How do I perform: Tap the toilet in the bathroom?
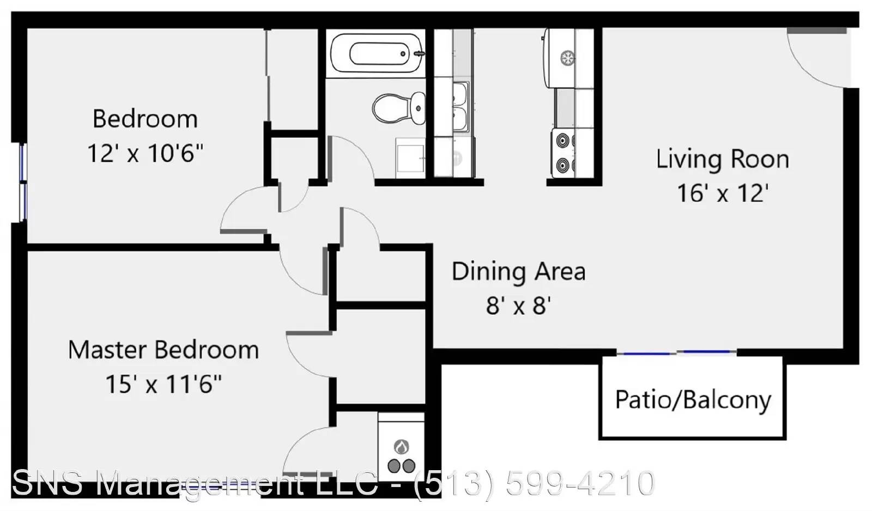click(x=398, y=108)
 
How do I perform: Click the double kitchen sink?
click(x=461, y=107)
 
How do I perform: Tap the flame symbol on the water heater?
click(x=401, y=447)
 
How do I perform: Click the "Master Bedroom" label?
click(x=163, y=350)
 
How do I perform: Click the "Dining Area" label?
click(x=518, y=271)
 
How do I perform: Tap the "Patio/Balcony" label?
click(x=693, y=400)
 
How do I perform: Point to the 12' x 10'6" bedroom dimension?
click(x=145, y=153)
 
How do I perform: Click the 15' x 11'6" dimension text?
click(x=163, y=384)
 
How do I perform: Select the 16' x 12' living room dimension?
click(x=723, y=193)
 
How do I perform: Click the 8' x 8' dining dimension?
click(x=518, y=306)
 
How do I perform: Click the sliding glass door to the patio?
click(x=676, y=352)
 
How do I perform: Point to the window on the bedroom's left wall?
click(x=23, y=182)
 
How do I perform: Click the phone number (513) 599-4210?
click(x=535, y=483)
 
